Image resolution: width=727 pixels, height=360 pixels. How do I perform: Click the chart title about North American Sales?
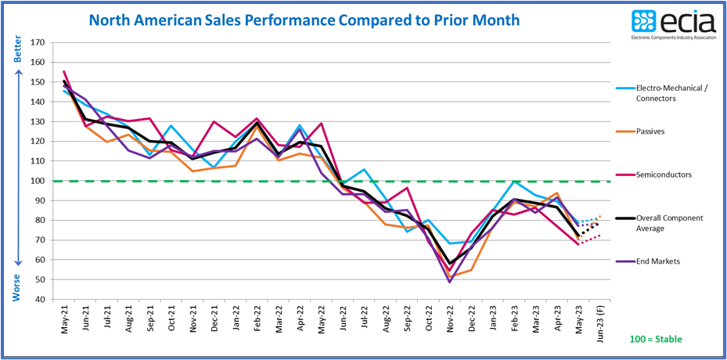tap(304, 20)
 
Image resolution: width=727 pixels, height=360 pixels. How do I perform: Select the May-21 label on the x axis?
tap(64, 321)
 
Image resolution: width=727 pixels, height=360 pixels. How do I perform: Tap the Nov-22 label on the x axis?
tap(449, 321)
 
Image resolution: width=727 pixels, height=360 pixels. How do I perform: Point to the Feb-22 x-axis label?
tap(257, 321)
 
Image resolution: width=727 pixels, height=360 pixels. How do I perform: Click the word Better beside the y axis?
tap(18, 52)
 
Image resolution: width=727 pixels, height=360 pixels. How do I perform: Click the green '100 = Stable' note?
tap(656, 339)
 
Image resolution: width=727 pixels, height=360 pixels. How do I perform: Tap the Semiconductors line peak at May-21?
tap(64, 71)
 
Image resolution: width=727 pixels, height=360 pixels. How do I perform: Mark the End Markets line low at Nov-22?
tap(449, 282)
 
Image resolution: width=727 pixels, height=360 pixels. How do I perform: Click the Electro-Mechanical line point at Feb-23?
tap(513, 182)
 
